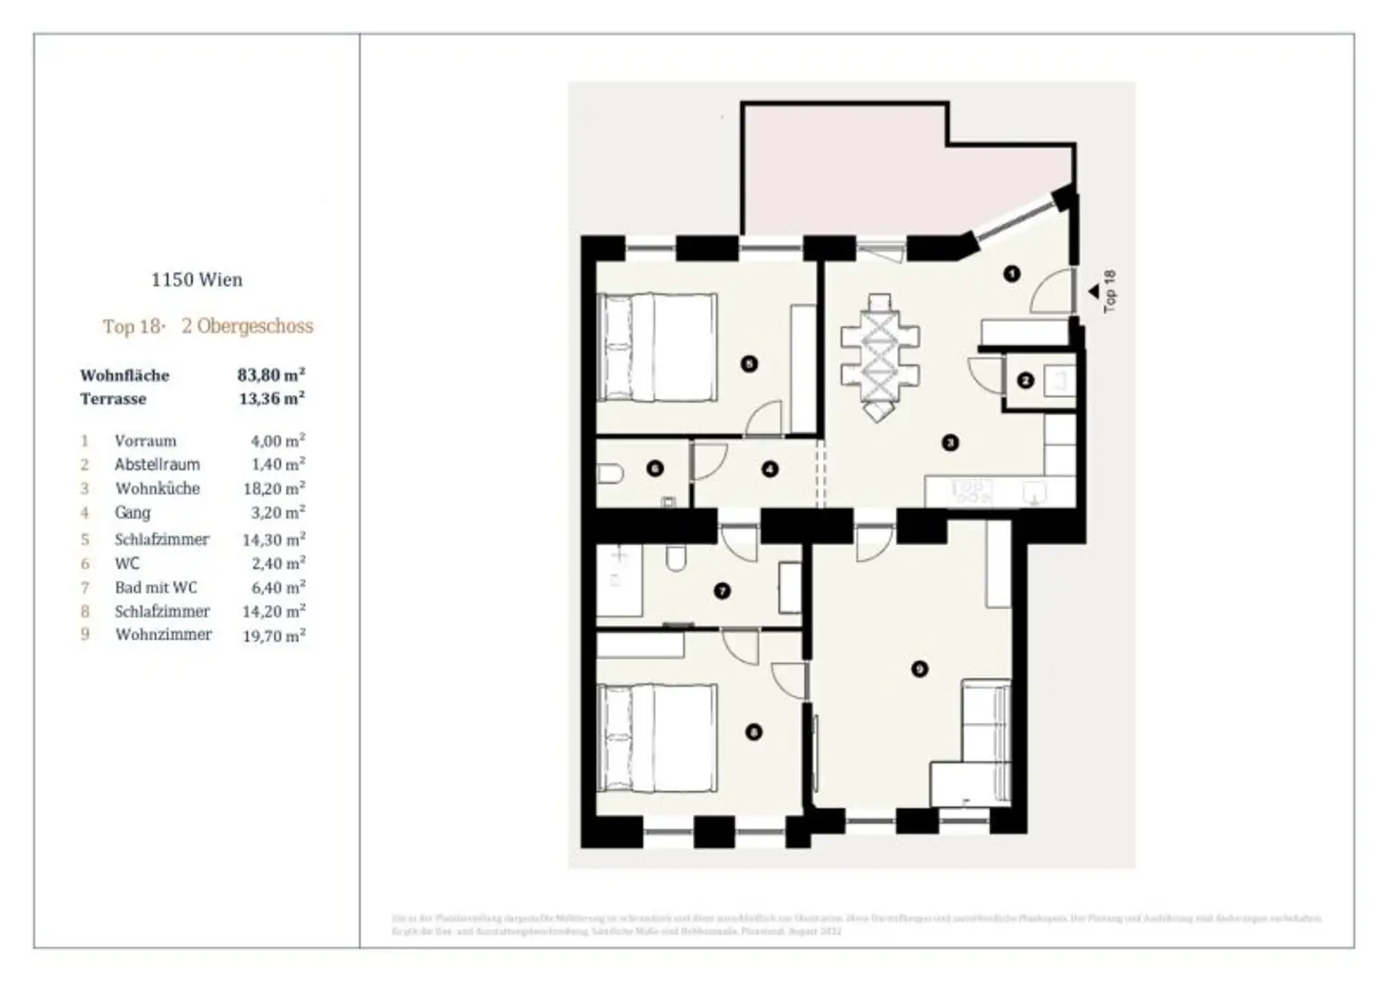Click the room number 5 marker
(748, 364)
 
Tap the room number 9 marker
(919, 669)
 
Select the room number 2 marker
(1025, 380)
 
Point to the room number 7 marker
(722, 591)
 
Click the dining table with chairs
(881, 356)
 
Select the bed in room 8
(658, 738)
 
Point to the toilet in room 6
(609, 473)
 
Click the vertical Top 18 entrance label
(1110, 291)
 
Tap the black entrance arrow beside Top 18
(1093, 292)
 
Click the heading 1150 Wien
(197, 280)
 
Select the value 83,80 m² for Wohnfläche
(271, 375)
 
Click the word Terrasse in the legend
(113, 399)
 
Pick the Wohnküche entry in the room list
(157, 488)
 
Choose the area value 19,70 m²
(273, 635)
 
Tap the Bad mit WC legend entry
(155, 588)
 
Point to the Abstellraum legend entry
(157, 465)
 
